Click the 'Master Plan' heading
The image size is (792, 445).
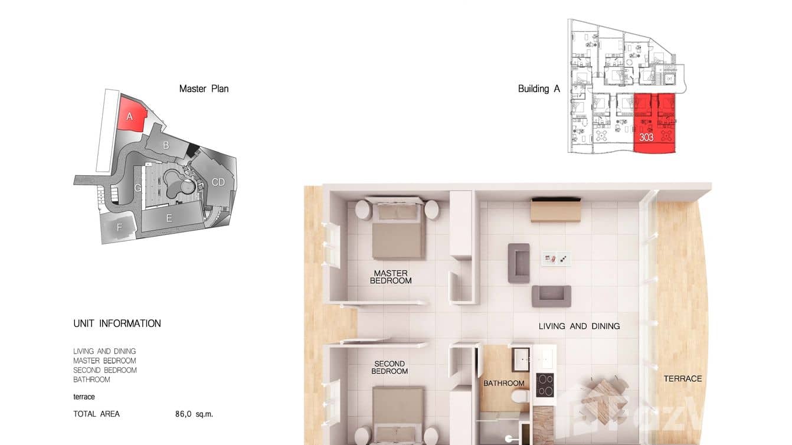point(204,89)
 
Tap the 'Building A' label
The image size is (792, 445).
point(538,89)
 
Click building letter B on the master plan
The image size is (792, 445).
point(166,145)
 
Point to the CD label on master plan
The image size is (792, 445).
point(218,182)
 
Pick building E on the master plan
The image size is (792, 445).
point(169,218)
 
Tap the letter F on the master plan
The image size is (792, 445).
point(119,227)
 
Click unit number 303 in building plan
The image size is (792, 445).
point(646,138)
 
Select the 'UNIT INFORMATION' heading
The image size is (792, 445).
point(117,323)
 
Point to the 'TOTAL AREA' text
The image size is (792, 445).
point(96,414)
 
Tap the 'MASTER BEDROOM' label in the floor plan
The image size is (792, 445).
point(391,277)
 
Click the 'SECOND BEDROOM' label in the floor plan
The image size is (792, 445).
point(390,367)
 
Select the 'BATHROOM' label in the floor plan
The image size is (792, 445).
point(504,384)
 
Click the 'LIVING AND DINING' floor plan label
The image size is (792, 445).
point(579,326)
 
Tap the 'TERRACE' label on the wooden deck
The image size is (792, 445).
point(683,378)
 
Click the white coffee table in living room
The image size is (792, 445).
point(556,259)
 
